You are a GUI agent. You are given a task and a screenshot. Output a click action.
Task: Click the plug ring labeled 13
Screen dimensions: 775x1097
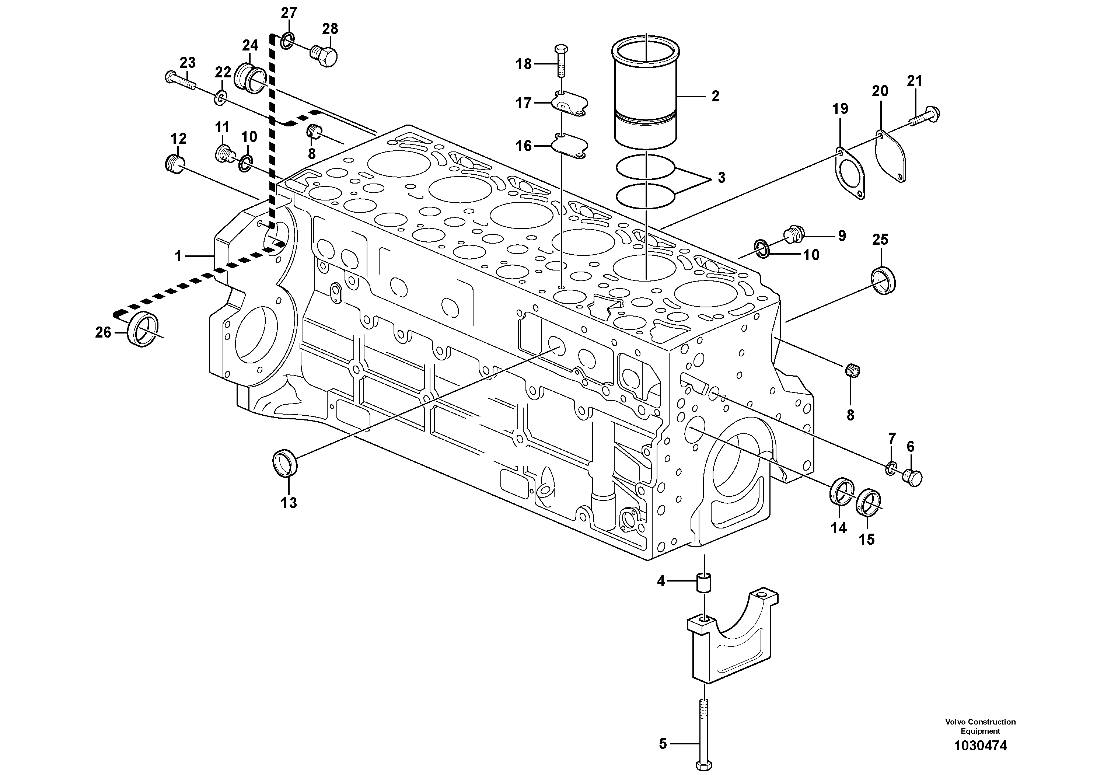pos(285,462)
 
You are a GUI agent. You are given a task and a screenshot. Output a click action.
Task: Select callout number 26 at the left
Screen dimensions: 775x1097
pos(103,332)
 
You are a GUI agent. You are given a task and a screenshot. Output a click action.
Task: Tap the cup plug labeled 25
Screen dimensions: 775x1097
pos(882,281)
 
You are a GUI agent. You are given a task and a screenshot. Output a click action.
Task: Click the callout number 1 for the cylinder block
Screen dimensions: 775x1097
pos(178,256)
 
